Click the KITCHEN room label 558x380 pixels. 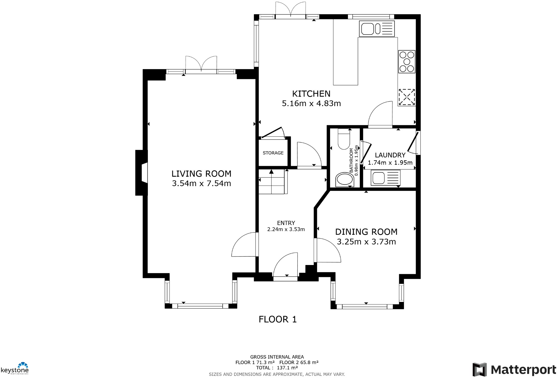(311, 94)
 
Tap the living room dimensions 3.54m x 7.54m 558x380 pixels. (201, 184)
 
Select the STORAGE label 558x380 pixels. (273, 153)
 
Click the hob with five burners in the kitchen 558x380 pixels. (407, 62)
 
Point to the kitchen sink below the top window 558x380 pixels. (377, 29)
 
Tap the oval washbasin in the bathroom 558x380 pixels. (344, 180)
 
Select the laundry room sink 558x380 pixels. (385, 178)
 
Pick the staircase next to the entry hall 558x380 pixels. (272, 182)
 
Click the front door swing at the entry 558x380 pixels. (286, 265)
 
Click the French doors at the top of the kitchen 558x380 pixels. (291, 10)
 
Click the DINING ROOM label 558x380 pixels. (366, 232)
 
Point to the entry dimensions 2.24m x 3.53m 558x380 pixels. (286, 229)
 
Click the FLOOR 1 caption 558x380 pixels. (278, 319)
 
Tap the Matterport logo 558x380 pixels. (514, 370)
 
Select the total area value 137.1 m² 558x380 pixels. (287, 368)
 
